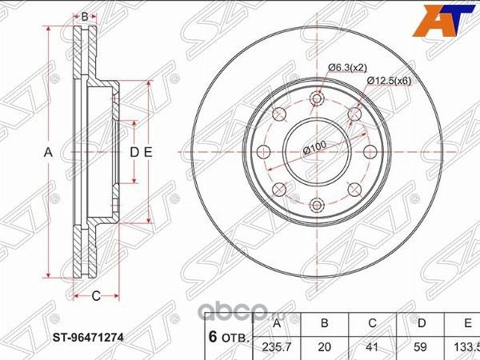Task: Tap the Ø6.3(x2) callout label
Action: pyautogui.click(x=348, y=67)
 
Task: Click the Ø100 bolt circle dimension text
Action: pyautogui.click(x=314, y=147)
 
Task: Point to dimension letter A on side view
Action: pyautogui.click(x=47, y=152)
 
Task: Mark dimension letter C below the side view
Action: pyautogui.click(x=94, y=297)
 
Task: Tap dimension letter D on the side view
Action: pyautogui.click(x=134, y=152)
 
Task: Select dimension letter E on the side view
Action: pyautogui.click(x=149, y=152)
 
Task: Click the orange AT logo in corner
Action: pyautogui.click(x=447, y=21)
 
